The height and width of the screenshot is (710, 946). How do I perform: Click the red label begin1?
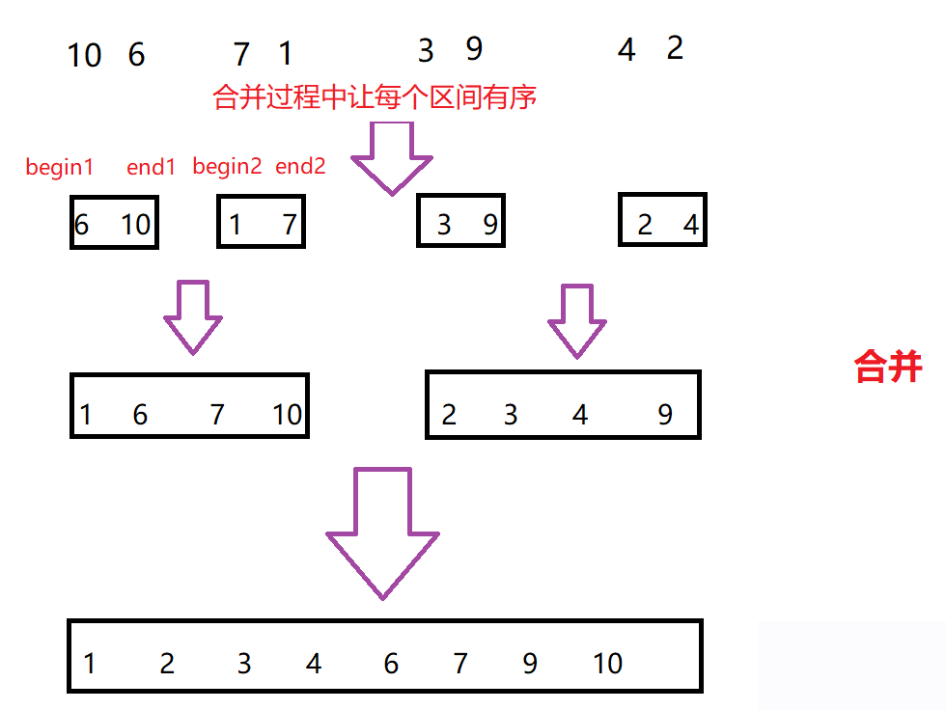click(59, 167)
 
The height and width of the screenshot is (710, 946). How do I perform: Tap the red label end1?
click(152, 167)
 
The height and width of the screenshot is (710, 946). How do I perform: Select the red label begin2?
click(227, 166)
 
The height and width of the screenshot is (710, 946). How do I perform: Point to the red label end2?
click(300, 166)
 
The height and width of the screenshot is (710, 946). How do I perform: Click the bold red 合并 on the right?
click(888, 367)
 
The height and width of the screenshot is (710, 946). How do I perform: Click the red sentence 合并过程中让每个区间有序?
click(375, 97)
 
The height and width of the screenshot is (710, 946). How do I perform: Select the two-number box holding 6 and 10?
click(114, 223)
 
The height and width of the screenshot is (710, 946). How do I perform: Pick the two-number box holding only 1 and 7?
click(261, 223)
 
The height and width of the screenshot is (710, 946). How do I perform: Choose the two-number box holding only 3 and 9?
click(460, 223)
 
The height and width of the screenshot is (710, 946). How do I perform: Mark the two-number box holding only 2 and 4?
click(662, 223)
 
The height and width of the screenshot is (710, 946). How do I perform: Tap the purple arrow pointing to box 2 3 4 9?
click(577, 320)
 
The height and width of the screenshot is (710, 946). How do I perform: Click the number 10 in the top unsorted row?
click(84, 55)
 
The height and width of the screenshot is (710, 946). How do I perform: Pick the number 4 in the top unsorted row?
click(626, 50)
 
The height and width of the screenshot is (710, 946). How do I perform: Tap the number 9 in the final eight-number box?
click(530, 664)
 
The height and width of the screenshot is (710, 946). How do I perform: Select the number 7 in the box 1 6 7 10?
click(217, 415)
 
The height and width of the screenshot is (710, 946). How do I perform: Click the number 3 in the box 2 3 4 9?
click(511, 415)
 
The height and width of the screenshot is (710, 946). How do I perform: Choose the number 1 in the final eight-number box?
click(90, 664)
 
